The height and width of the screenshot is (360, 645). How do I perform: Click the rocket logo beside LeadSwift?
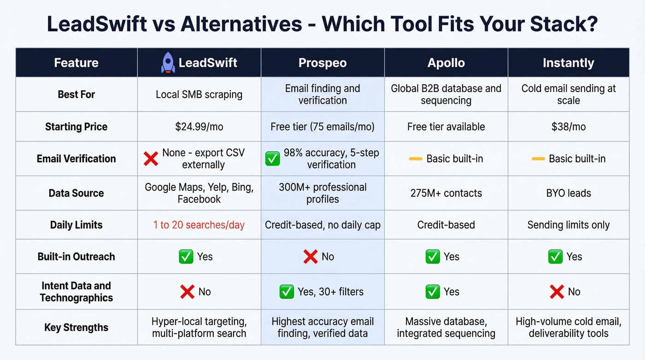click(168, 63)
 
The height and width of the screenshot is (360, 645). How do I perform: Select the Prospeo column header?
click(322, 63)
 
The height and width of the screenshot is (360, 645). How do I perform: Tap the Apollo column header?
click(446, 63)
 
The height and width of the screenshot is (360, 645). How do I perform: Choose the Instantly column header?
click(568, 63)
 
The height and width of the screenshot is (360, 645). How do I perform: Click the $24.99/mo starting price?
click(199, 127)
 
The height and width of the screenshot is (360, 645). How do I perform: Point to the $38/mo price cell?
click(568, 127)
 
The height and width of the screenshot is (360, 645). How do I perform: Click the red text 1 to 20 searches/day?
click(199, 225)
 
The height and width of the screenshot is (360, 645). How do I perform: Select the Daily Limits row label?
click(76, 225)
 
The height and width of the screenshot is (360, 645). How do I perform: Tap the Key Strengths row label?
click(76, 328)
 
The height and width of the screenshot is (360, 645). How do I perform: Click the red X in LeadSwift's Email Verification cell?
click(151, 159)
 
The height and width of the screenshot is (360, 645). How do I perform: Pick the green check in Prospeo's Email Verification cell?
click(272, 159)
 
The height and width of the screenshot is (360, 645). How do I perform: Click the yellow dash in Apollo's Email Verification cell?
click(416, 159)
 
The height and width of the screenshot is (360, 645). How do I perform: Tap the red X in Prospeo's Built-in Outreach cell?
click(311, 257)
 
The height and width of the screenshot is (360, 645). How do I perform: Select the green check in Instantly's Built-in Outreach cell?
click(555, 257)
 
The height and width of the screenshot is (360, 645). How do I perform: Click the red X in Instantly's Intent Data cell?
click(557, 292)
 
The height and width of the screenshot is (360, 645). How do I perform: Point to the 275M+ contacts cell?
click(446, 193)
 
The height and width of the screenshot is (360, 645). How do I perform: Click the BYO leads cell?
click(568, 193)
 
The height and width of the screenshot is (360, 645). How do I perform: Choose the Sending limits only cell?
click(568, 225)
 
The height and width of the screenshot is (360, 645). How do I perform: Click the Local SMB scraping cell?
click(199, 94)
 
